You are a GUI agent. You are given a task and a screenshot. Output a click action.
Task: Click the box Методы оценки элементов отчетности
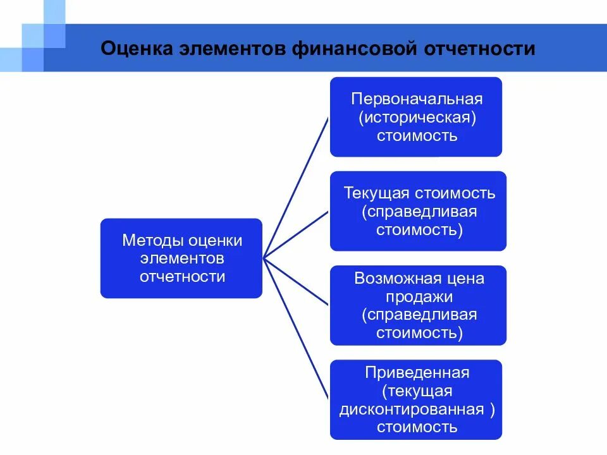[x=181, y=258]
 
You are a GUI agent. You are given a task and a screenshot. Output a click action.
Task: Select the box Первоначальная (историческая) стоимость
[x=416, y=117]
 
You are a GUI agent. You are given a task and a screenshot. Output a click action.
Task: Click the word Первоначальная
[x=417, y=99]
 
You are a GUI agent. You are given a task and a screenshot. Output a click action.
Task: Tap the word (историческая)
[x=417, y=118]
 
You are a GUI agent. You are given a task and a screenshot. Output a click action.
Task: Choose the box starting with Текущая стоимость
[x=418, y=211]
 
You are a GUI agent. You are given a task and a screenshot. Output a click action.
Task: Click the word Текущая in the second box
[x=376, y=193]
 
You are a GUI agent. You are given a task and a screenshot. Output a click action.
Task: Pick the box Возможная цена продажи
[x=418, y=305]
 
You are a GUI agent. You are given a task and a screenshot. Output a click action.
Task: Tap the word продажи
[x=418, y=296]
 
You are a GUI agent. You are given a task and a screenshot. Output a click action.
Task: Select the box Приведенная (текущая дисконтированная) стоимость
[x=416, y=399]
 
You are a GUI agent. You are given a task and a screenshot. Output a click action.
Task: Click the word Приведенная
[x=417, y=372]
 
